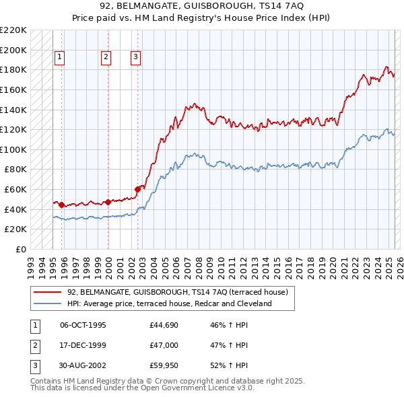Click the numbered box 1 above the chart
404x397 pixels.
click(59, 58)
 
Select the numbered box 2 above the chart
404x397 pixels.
click(106, 58)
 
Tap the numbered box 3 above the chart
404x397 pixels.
click(135, 58)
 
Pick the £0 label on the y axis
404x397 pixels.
click(20, 249)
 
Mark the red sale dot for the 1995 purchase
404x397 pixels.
click(61, 205)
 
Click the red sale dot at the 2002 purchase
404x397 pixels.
click(137, 189)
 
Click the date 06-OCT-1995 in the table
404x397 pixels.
click(83, 325)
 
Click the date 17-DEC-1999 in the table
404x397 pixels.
click(83, 345)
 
